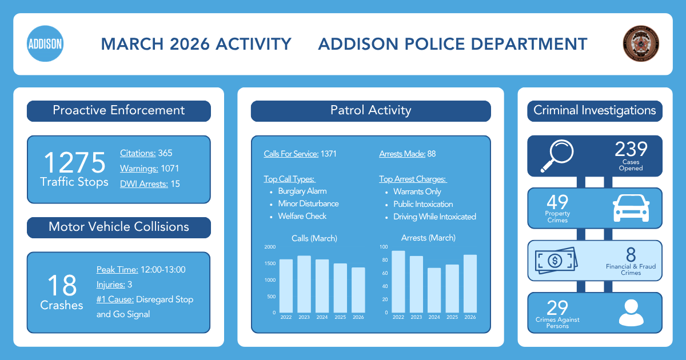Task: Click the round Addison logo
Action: (x=45, y=44)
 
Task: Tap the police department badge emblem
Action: (x=641, y=44)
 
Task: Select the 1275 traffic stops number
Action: (x=75, y=163)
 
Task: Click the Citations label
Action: (x=138, y=153)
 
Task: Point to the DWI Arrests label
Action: (x=144, y=183)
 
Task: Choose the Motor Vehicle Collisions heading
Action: (x=118, y=227)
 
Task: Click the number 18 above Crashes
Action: (x=62, y=285)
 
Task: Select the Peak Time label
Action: (x=117, y=270)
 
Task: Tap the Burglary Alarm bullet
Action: (x=302, y=191)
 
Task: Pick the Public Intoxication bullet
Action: (x=423, y=204)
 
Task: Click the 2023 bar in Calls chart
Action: (x=304, y=284)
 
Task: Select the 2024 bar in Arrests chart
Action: (x=434, y=290)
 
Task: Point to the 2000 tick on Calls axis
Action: (x=270, y=247)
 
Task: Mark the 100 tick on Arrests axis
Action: (x=384, y=247)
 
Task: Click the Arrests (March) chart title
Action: (x=428, y=238)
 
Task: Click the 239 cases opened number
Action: (x=631, y=150)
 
